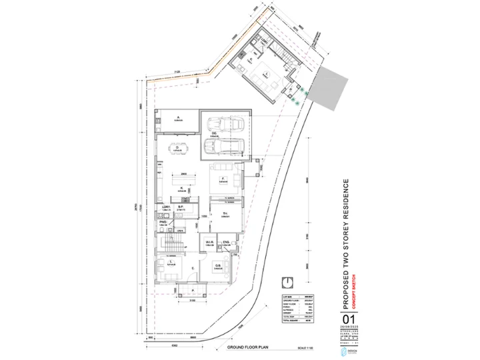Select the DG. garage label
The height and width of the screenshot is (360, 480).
coord(215,134)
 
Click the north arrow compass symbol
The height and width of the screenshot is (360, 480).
coord(287,283)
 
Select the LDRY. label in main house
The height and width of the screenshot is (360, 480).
coord(166,207)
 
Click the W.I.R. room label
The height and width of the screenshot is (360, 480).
coord(208,241)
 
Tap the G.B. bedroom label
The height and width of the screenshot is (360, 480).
coord(218,265)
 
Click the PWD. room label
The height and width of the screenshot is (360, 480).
coord(163,222)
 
